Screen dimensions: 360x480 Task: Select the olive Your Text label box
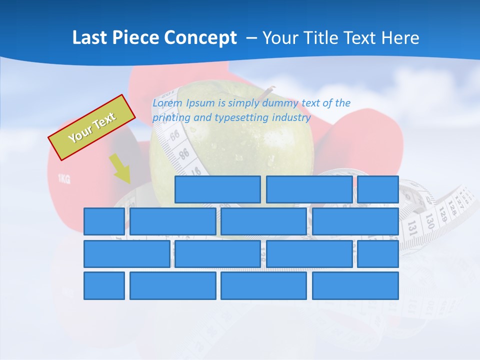(x=92, y=127)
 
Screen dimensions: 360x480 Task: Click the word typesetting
(x=241, y=118)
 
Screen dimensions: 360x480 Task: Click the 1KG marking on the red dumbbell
(x=63, y=178)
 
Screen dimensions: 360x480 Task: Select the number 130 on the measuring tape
(x=429, y=219)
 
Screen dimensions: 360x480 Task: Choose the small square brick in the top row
(x=378, y=189)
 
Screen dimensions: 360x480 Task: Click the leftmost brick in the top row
(x=217, y=189)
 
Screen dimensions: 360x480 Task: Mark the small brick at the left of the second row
(x=104, y=221)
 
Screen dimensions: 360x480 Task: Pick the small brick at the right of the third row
(x=378, y=254)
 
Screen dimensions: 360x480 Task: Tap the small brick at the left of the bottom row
(x=104, y=286)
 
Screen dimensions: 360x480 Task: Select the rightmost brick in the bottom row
(x=355, y=286)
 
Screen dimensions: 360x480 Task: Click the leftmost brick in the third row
(x=127, y=254)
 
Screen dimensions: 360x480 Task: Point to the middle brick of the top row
(x=309, y=189)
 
